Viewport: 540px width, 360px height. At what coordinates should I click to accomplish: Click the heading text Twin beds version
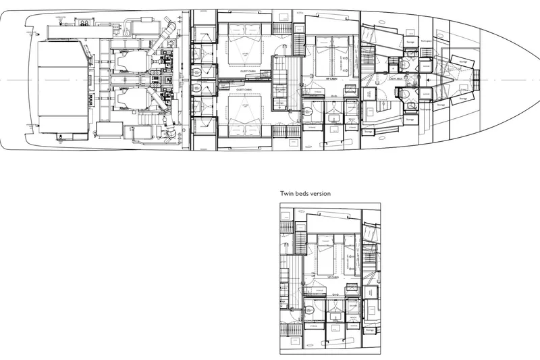(x=306, y=193)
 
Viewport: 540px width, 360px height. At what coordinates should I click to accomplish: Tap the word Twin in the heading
(x=288, y=193)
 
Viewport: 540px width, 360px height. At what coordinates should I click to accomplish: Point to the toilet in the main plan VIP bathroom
(x=307, y=113)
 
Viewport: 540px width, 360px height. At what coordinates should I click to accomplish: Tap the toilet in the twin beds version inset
(x=307, y=312)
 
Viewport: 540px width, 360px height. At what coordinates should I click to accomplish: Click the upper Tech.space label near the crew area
(x=425, y=41)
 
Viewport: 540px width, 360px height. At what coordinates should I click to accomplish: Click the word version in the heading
(x=321, y=193)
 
